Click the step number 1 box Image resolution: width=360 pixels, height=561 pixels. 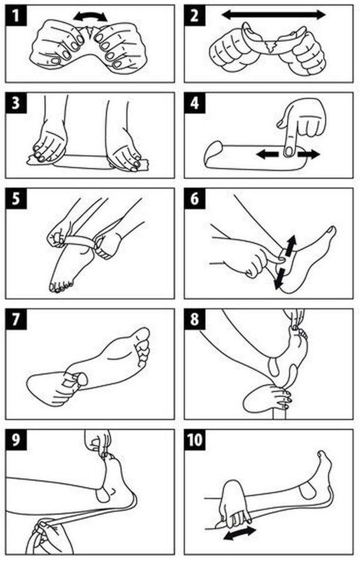(16, 15)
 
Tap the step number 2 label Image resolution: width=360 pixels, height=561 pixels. (195, 15)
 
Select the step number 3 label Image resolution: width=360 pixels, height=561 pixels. (16, 103)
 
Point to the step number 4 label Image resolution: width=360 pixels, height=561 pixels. (195, 103)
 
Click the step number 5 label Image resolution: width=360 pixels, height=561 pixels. (16, 198)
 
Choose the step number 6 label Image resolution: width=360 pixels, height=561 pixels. (195, 198)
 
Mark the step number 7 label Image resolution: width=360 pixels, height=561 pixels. (16, 319)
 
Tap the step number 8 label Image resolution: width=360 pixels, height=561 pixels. (195, 319)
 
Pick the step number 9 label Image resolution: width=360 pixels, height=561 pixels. (16, 440)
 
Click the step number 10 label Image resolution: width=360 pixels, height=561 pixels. (195, 440)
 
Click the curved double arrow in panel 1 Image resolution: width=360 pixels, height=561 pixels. (90, 14)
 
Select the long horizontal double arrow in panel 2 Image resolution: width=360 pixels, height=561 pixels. (273, 15)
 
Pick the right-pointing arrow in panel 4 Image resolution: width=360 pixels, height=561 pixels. (308, 154)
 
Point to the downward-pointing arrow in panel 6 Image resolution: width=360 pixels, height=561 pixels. (279, 277)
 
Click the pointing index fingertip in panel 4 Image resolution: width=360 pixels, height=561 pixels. (288, 151)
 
